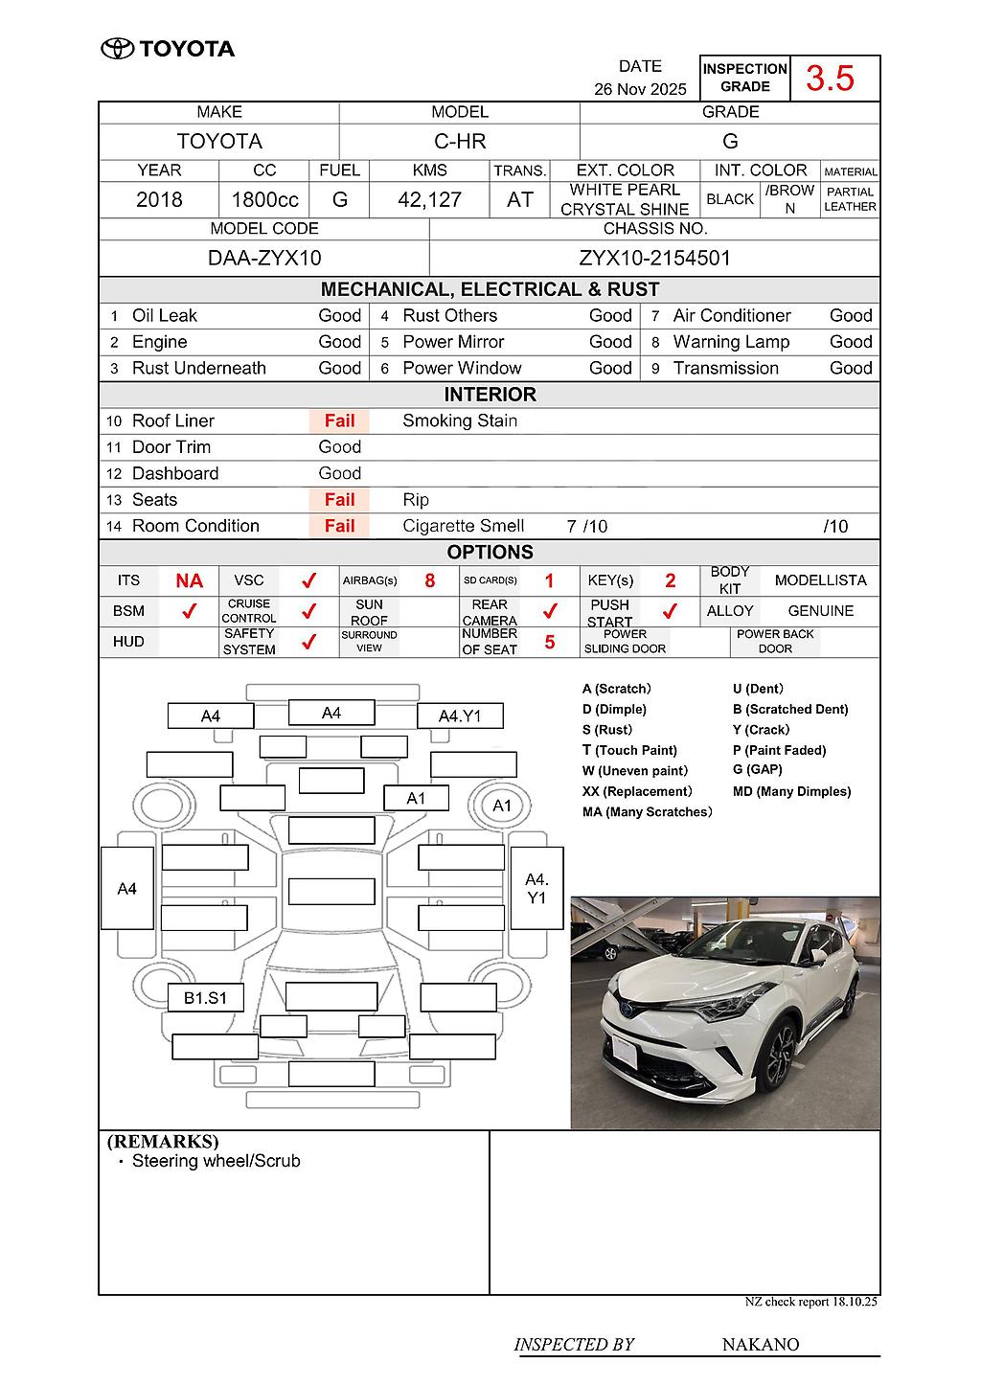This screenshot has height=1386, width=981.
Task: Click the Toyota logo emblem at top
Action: [x=117, y=49]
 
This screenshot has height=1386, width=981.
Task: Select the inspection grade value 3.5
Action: [x=830, y=79]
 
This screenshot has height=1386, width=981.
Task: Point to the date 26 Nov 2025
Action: [x=640, y=89]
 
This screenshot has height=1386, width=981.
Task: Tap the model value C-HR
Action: [x=460, y=142]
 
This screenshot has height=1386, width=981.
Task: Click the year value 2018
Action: [x=159, y=199]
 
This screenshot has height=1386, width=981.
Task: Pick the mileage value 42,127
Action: [x=429, y=199]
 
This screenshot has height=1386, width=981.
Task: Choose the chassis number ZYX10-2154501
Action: [x=654, y=259]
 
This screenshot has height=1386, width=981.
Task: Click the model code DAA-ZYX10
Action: [x=264, y=259]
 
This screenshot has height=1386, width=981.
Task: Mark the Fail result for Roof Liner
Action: [x=339, y=420]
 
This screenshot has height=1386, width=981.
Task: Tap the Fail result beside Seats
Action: [x=339, y=500]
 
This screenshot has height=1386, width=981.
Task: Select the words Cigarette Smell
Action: [x=463, y=526]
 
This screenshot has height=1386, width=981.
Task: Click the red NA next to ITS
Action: [x=189, y=581]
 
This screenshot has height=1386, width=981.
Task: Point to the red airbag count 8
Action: [x=429, y=581]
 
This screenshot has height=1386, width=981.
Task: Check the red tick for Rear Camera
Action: [x=550, y=611]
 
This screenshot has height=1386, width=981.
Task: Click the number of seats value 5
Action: [x=550, y=642]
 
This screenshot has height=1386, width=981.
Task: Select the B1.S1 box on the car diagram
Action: [x=205, y=998]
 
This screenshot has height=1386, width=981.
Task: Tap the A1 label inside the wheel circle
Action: [x=502, y=806]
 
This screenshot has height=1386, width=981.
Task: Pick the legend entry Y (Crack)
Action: [x=761, y=730]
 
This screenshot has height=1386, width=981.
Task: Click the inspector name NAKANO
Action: [x=760, y=1345]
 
